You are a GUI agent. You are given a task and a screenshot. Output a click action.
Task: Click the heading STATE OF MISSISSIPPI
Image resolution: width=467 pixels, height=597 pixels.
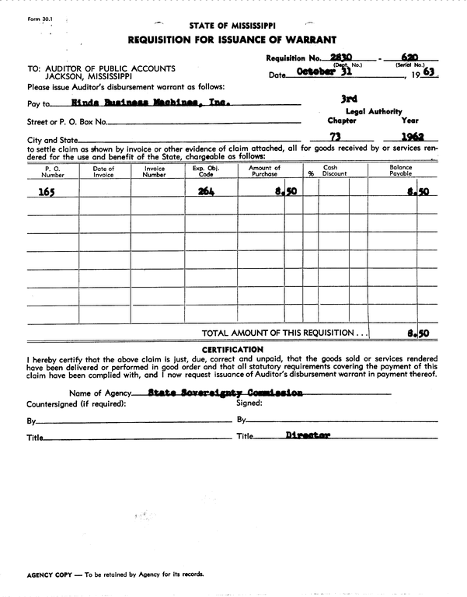pos(232,25)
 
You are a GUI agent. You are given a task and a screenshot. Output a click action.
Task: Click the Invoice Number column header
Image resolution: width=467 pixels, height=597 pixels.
pos(155,171)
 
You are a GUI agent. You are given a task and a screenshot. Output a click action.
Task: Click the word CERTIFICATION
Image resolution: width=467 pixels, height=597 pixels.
pos(232,349)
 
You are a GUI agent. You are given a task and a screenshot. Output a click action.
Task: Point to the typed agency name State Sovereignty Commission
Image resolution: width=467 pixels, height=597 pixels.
pos(225,393)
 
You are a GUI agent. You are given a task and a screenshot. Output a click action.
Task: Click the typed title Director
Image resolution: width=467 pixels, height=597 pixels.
pos(307,436)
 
